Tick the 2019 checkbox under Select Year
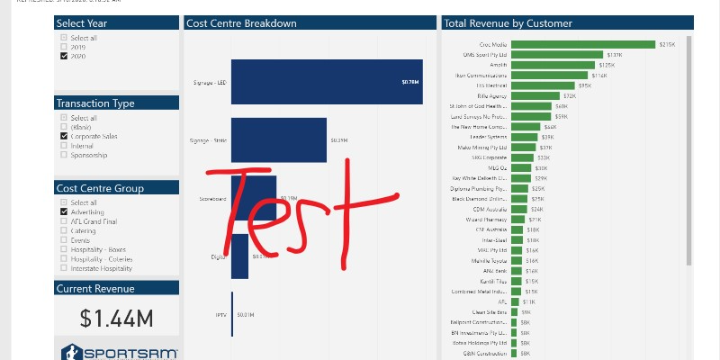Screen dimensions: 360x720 [x=64, y=47]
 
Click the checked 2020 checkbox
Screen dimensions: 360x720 [x=64, y=56]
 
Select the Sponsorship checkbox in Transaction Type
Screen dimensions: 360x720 [x=64, y=155]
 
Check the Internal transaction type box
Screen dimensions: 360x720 [x=64, y=146]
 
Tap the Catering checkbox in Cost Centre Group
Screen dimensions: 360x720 [x=64, y=231]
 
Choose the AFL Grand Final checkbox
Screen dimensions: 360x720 [x=64, y=221]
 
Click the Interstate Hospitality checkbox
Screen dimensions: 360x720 [x=64, y=268]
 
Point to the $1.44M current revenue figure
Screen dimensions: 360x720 [x=115, y=318]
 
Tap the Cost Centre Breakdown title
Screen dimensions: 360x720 [x=241, y=23]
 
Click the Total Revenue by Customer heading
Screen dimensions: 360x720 [x=508, y=23]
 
